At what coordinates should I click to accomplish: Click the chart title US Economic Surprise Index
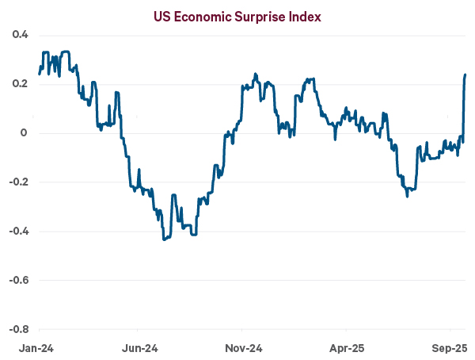coord(237,16)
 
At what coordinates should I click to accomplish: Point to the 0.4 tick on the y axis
coord(20,35)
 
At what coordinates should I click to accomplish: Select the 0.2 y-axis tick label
coord(20,84)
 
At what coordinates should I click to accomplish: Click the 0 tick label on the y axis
coord(24,133)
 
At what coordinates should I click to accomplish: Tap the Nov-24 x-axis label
coord(242,348)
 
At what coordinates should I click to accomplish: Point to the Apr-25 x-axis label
coord(346,348)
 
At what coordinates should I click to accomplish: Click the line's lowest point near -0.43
coord(164,239)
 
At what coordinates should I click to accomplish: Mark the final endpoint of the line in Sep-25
coord(465,75)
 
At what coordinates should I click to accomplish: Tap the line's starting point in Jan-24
coord(39,74)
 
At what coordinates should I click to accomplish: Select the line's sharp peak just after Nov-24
coord(255,75)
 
